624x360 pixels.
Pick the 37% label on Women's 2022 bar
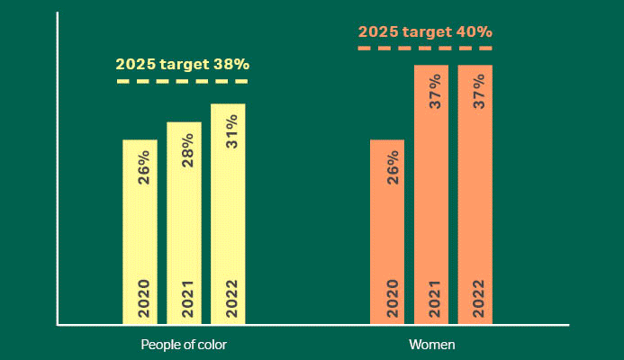480,92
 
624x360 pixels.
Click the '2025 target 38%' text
183,65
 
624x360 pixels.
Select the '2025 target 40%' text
425,31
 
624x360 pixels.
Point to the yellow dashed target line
183,82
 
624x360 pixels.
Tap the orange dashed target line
425,48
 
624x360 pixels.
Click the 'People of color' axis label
184,345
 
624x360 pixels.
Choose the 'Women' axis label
431,345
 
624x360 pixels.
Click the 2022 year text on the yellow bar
232,299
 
